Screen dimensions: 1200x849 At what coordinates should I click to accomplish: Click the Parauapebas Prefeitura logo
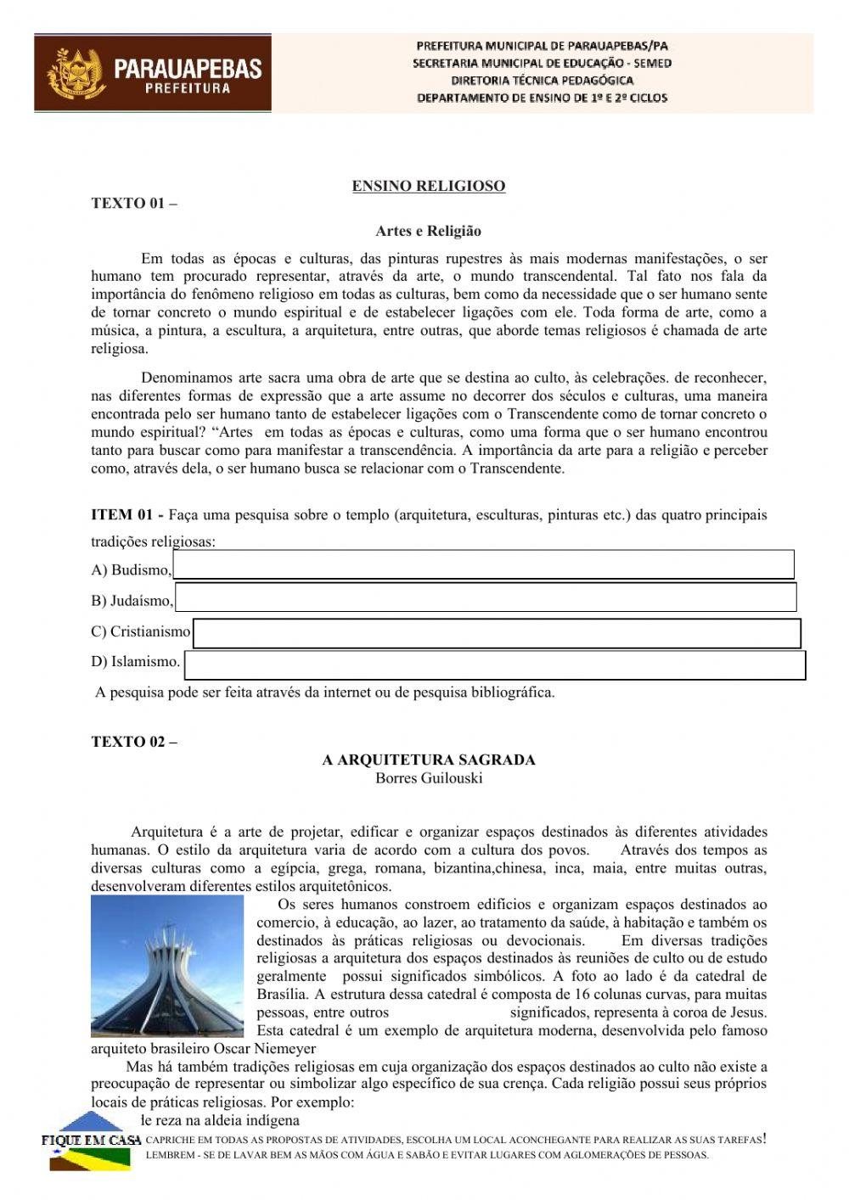[153, 74]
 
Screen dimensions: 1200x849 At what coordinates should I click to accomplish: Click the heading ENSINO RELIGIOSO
[429, 186]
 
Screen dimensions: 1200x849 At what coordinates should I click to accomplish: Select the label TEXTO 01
[134, 205]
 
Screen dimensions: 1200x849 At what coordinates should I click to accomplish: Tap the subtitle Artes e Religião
[429, 231]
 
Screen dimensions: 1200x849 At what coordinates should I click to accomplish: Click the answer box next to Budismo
[483, 564]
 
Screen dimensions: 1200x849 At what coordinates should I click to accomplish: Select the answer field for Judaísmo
[485, 597]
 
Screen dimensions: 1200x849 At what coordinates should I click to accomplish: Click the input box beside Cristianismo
[497, 633]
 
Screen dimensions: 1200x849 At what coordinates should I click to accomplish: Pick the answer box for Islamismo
[494, 665]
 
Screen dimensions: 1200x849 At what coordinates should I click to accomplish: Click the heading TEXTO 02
[134, 742]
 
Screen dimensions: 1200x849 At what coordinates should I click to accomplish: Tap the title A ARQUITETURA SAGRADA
[429, 760]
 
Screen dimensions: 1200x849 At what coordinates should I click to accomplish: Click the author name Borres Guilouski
[429, 778]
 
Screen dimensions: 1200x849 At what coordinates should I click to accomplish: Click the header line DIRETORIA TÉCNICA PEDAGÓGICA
[542, 81]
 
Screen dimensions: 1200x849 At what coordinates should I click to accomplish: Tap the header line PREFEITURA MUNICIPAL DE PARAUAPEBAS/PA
[542, 46]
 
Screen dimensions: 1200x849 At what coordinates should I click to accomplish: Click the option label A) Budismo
[131, 569]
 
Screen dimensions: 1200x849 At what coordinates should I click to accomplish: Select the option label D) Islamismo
[136, 661]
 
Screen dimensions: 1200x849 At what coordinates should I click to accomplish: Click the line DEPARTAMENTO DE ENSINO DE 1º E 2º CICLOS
[542, 98]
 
